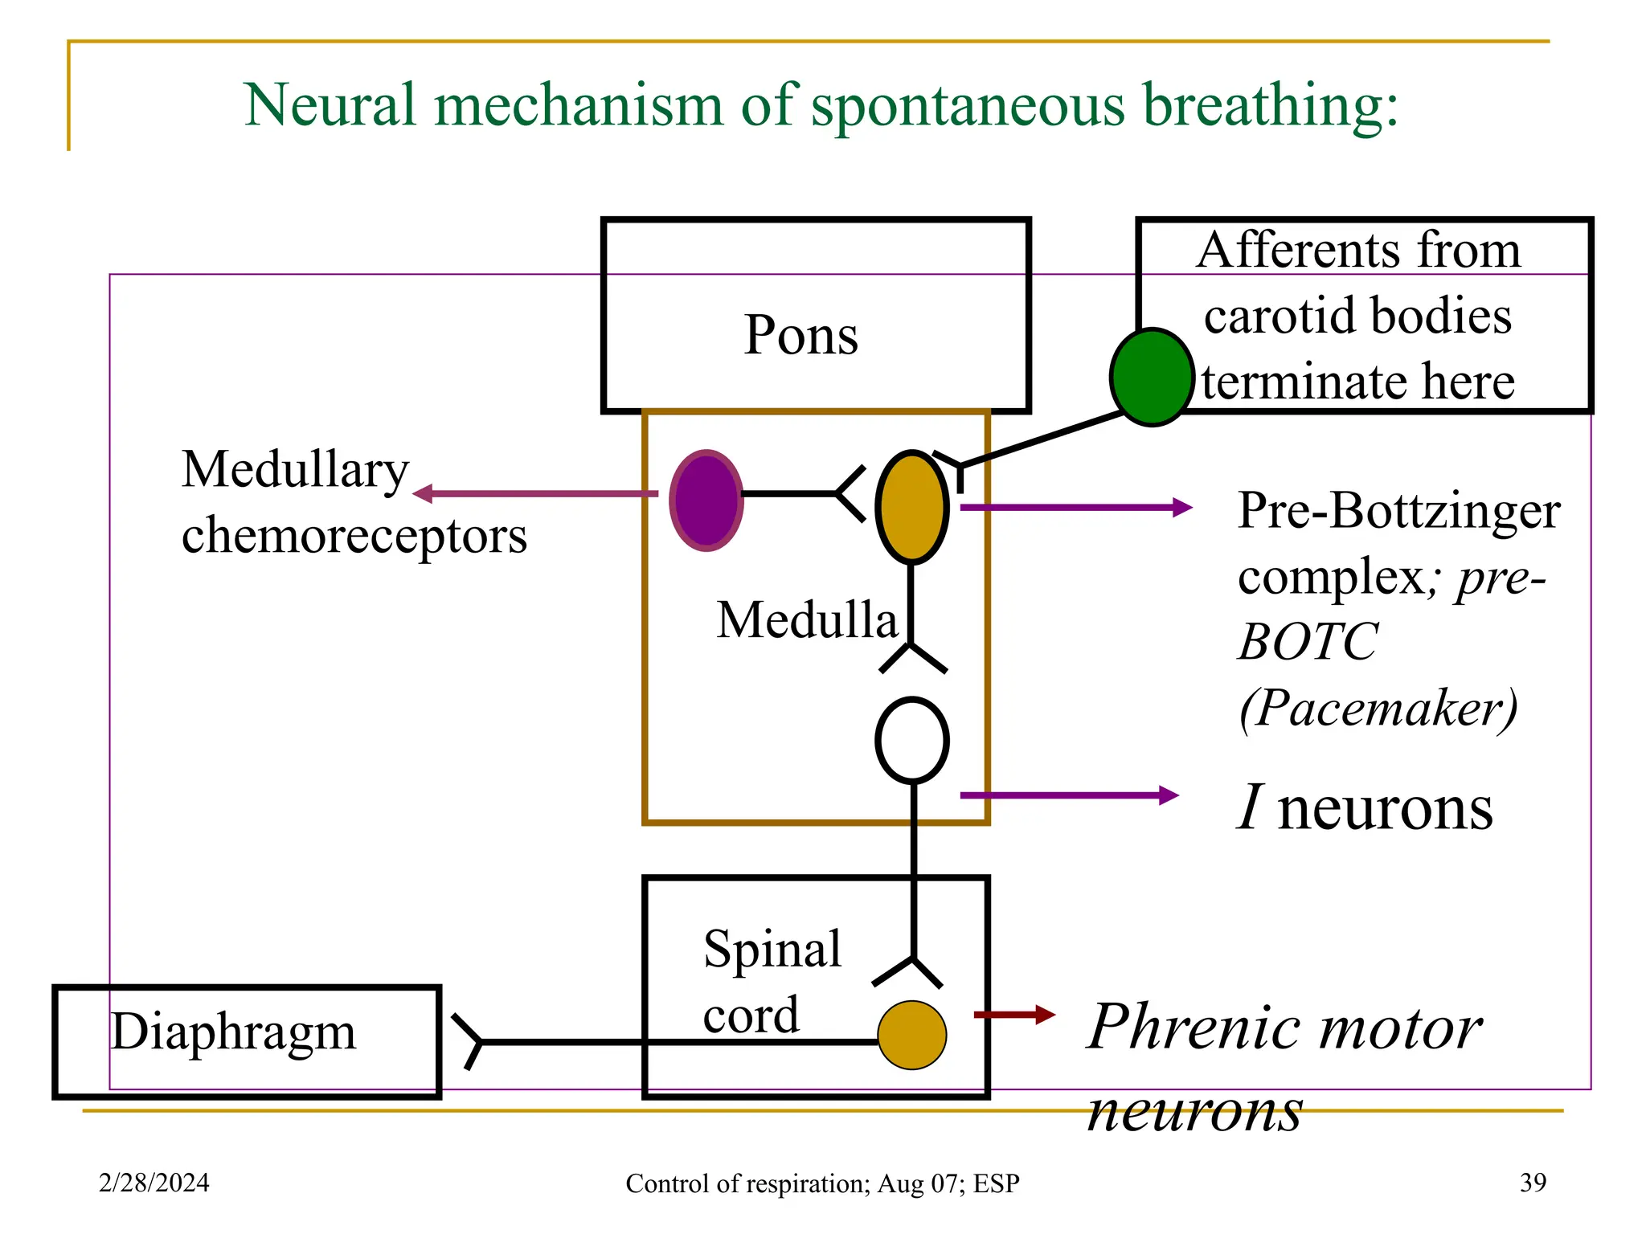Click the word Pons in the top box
[800, 335]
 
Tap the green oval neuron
[1151, 377]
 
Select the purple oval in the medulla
[706, 500]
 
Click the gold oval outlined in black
[911, 507]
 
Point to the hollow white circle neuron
[911, 740]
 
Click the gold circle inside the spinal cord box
[911, 1035]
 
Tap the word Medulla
[806, 620]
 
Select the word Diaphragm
[233, 1032]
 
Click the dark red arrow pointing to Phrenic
[1014, 1015]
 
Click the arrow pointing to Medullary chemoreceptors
[534, 493]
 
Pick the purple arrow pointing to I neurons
[1069, 795]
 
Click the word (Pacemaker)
[1378, 708]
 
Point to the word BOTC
[1308, 642]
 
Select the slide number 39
[1533, 1183]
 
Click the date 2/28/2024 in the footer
[154, 1183]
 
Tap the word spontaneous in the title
[968, 106]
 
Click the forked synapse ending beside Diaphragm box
[469, 1042]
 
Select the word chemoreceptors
[354, 536]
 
